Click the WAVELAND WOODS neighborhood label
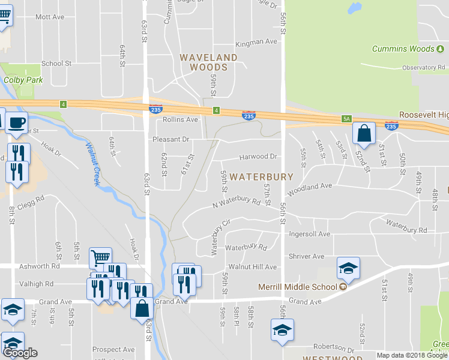[208, 62]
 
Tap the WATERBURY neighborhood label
[261, 177]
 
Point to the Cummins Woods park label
[403, 49]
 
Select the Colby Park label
[19, 79]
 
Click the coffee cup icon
[16, 122]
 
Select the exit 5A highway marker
[346, 119]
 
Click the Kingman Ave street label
[256, 42]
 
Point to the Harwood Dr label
[258, 157]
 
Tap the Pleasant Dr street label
[171, 139]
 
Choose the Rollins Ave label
[180, 119]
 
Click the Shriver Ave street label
[306, 256]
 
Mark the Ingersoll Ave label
[310, 233]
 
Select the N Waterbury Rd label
[237, 202]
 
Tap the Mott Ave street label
[50, 17]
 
